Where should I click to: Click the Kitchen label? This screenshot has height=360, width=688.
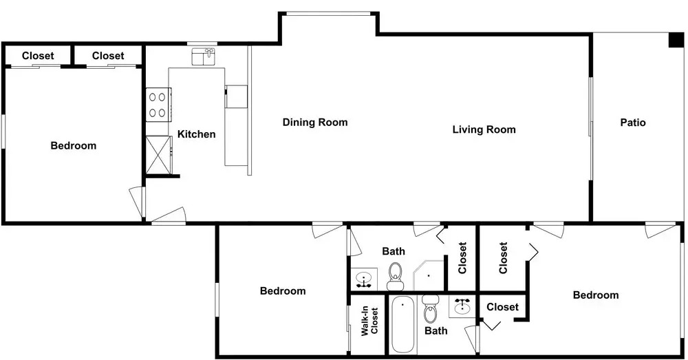point(196,134)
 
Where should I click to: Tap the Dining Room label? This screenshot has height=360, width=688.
point(315,123)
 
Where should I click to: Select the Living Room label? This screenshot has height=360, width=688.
point(484,129)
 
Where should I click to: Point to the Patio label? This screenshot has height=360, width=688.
point(633,123)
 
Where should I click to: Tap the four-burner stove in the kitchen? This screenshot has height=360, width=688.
point(158,105)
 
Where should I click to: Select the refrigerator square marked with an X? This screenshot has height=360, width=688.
point(158,154)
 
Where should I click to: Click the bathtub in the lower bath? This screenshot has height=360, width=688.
point(402,324)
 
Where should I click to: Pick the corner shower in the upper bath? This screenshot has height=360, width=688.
point(429,275)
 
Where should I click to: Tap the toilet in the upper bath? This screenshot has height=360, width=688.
point(396,277)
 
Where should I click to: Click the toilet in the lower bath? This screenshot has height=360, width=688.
point(431,308)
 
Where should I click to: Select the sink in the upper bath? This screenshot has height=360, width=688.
point(364,279)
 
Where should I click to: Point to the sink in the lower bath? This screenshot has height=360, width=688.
point(462,306)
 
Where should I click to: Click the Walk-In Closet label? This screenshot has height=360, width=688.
point(369,321)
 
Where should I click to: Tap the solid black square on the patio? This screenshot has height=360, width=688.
point(676,40)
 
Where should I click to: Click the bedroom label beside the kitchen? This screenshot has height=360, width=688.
point(74,146)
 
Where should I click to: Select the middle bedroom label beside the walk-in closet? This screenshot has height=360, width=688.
point(283,290)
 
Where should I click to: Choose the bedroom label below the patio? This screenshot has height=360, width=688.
point(596,295)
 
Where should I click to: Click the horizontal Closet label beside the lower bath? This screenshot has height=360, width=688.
point(502,307)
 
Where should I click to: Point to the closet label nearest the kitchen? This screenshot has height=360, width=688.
point(108,56)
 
